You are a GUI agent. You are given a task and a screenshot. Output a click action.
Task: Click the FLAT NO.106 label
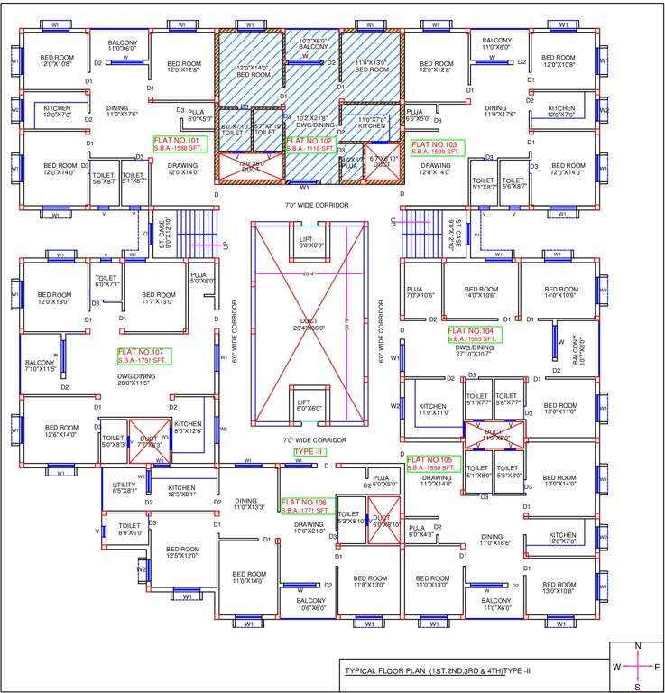pyautogui.click(x=306, y=506)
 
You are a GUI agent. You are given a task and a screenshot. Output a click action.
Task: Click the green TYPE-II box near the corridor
pyautogui.click(x=309, y=451)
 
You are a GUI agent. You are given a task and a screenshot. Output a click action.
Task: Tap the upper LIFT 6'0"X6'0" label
pyautogui.click(x=310, y=242)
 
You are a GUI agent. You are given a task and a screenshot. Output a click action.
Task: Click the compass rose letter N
pyautogui.click(x=638, y=646)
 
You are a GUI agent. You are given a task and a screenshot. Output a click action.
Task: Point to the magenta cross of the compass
pyautogui.click(x=638, y=667)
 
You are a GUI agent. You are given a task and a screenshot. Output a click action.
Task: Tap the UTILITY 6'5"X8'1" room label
pyautogui.click(x=125, y=487)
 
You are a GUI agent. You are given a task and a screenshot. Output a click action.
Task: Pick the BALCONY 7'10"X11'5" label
pyautogui.click(x=40, y=365)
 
